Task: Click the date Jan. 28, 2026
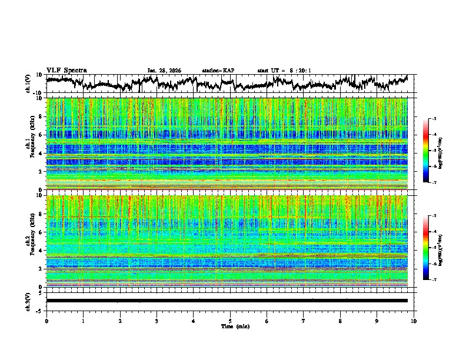pos(164,71)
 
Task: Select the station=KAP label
pos(218,71)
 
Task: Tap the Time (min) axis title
pos(230,326)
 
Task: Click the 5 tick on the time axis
pos(230,321)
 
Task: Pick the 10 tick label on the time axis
pos(414,321)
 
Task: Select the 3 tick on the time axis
pos(157,321)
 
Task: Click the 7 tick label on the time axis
pos(304,321)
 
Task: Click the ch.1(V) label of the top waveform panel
pos(28,84)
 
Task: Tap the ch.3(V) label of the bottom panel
pos(28,301)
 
